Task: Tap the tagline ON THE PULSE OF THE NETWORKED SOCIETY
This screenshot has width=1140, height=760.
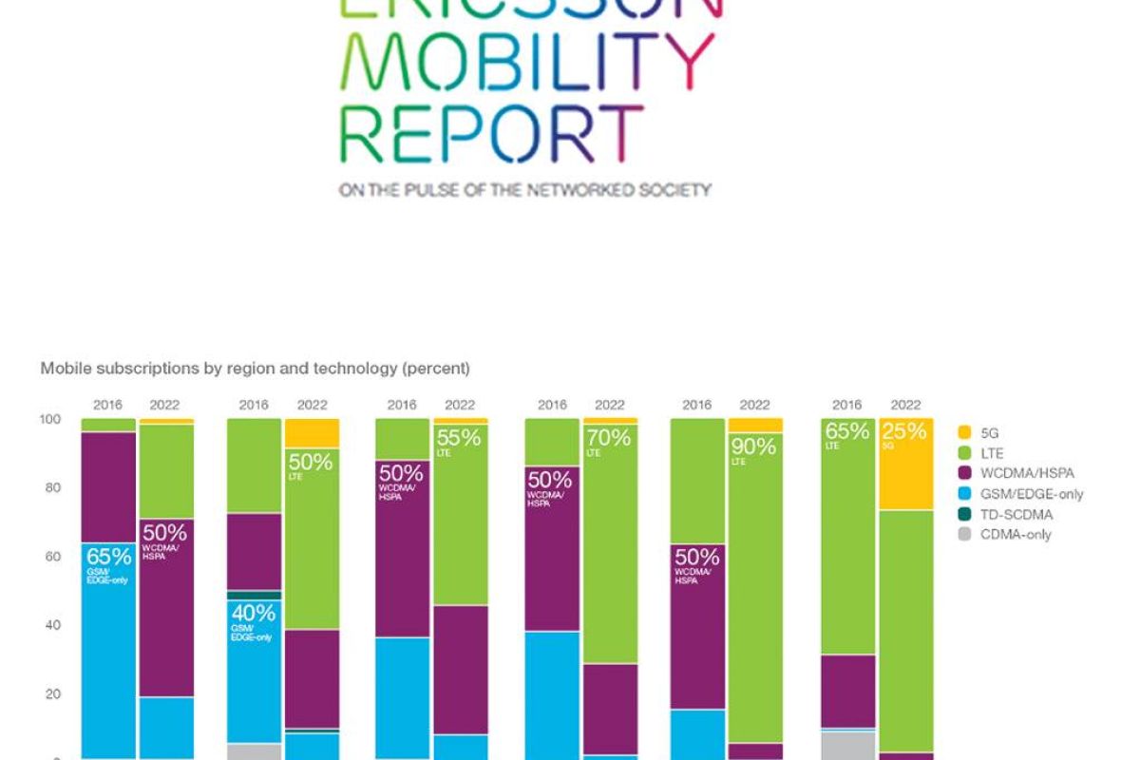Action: click(524, 190)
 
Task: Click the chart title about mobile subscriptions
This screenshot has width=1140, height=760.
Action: click(255, 368)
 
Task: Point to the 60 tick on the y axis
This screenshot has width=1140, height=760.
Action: click(54, 557)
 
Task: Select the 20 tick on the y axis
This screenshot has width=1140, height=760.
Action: click(54, 693)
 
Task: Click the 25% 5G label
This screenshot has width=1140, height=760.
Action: click(903, 434)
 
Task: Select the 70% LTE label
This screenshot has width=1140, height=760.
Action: click(609, 442)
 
